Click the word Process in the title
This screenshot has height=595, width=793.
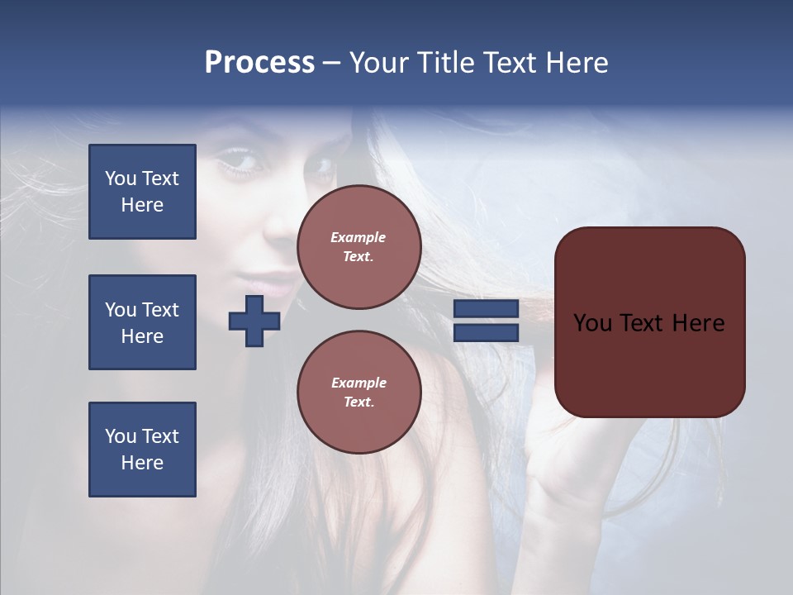pos(259,63)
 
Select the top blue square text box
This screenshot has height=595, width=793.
pos(142,192)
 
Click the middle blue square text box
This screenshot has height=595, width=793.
pos(142,322)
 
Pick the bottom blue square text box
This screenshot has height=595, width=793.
pos(142,450)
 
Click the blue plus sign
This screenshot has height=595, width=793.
pos(254,321)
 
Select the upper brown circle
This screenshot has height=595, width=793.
pos(359,247)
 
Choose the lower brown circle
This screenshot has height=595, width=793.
pos(359,393)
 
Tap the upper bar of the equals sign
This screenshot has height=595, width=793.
pos(486,309)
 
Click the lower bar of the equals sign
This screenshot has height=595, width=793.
pos(486,333)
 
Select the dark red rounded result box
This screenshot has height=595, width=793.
pos(649,322)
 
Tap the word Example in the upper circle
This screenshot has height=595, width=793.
pos(358,237)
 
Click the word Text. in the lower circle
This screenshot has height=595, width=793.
pos(359,402)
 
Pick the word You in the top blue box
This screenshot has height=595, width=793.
pos(120,178)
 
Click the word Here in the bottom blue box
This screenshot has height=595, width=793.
pos(142,463)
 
